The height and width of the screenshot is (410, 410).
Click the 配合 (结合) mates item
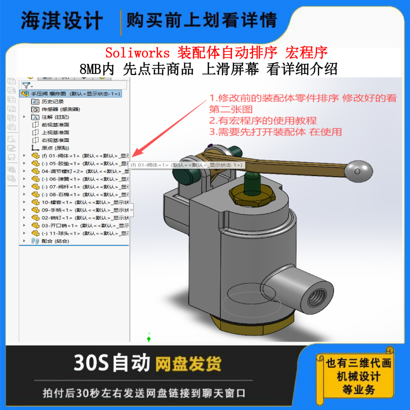tap(55, 241)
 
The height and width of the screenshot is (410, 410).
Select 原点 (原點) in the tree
tap(55, 148)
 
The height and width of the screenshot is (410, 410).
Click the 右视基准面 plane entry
tap(55, 140)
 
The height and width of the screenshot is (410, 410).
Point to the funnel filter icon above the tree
tap(26, 85)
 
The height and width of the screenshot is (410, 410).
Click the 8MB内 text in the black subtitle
tap(99, 68)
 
